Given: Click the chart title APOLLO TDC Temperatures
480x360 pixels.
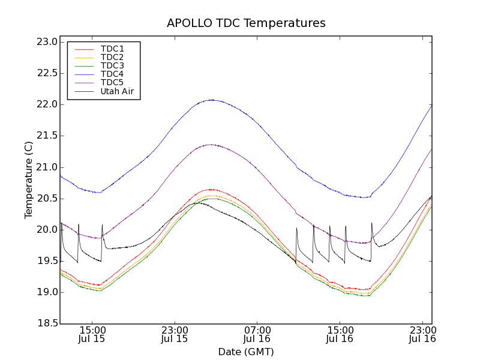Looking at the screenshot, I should pyautogui.click(x=246, y=23).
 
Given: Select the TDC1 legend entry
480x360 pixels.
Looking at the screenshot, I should pyautogui.click(x=112, y=49).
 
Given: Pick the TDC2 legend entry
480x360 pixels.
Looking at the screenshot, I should pyautogui.click(x=112, y=57).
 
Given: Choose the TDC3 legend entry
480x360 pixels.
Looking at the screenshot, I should pyautogui.click(x=112, y=65).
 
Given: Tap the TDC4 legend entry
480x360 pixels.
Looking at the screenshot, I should pyautogui.click(x=112, y=74).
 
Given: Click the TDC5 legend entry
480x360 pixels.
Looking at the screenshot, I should pyautogui.click(x=112, y=82).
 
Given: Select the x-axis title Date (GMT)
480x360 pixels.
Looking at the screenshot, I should pyautogui.click(x=246, y=352).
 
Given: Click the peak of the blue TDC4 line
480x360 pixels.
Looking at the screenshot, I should pyautogui.click(x=211, y=100).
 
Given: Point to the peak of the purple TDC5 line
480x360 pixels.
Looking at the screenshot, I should pyautogui.click(x=210, y=145).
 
